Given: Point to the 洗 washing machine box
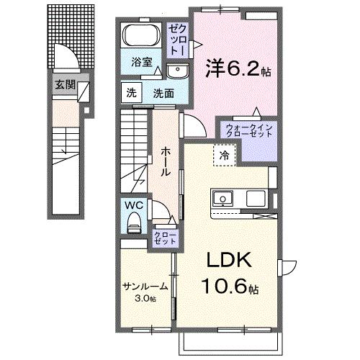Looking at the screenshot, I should pyautogui.click(x=131, y=92).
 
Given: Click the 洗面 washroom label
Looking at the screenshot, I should pyautogui.click(x=163, y=92).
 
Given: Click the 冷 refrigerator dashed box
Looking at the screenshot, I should pyautogui.click(x=224, y=154).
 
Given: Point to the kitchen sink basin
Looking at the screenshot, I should pyautogui.click(x=222, y=197).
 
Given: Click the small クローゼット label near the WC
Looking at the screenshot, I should pyautogui.click(x=161, y=238).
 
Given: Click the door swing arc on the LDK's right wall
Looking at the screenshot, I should pyautogui.click(x=287, y=268).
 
